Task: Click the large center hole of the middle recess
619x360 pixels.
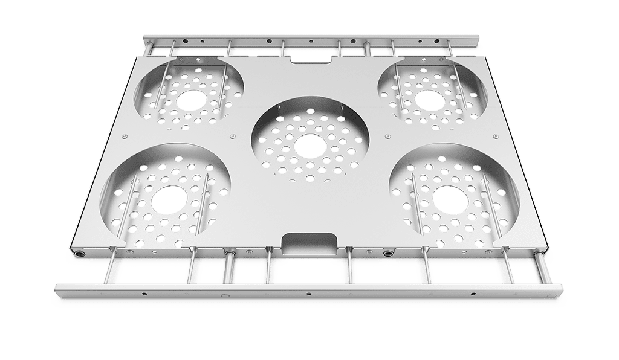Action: pyautogui.click(x=309, y=146)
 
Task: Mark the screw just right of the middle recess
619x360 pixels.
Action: pyautogui.click(x=387, y=137)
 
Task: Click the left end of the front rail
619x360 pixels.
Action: pyautogui.click(x=57, y=289)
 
